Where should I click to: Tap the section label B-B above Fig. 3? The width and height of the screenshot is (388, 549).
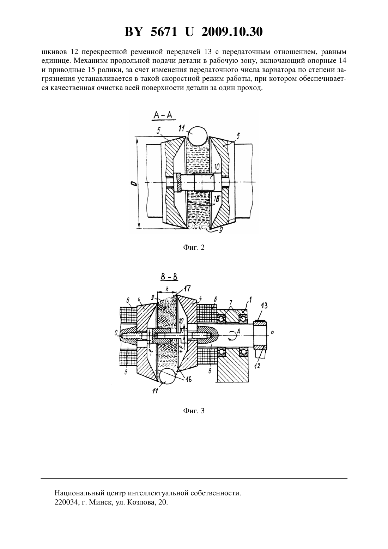[169, 277]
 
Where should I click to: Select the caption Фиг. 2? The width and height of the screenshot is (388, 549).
[194, 248]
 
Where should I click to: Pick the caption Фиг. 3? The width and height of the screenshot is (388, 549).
[194, 411]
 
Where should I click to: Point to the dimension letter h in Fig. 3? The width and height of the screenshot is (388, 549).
[167, 289]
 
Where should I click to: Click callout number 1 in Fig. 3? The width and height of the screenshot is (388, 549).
[250, 299]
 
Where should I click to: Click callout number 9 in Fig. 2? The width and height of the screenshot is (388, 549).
[221, 230]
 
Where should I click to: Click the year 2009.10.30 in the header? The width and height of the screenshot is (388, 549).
[232, 32]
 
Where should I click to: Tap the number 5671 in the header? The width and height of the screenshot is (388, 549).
[164, 32]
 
